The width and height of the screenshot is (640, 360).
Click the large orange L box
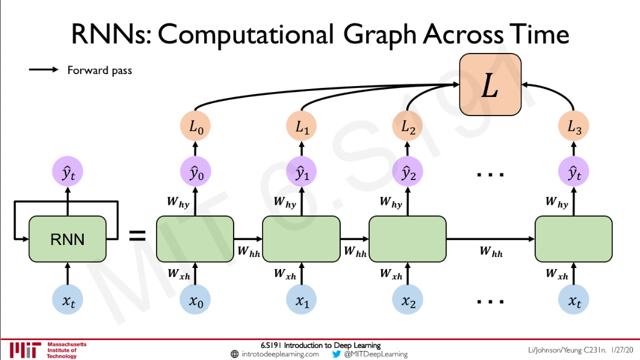(x=490, y=84)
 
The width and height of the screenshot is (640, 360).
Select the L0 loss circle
(x=195, y=128)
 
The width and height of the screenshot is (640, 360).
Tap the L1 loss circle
(x=301, y=128)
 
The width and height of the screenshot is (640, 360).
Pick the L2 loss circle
(x=408, y=128)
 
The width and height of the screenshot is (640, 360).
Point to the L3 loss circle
(x=574, y=128)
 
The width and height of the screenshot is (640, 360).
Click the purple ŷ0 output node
(x=195, y=173)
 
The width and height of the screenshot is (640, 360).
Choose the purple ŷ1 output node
(x=301, y=173)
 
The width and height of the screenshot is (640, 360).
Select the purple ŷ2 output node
(x=408, y=173)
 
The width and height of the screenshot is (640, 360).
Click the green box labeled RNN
(x=67, y=239)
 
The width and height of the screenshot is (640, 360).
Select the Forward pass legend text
(x=99, y=70)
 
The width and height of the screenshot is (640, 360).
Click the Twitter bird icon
(x=337, y=354)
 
